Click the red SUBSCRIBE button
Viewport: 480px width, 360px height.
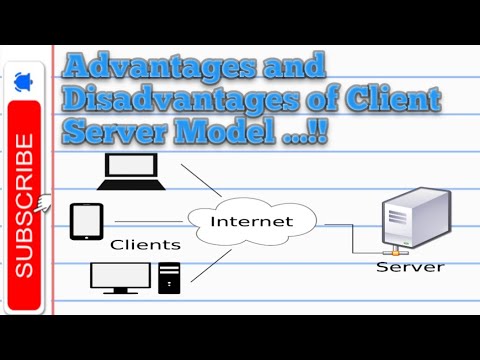pos(24,205)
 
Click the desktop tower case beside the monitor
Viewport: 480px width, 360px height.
pos(169,277)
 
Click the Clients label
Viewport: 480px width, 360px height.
pos(145,244)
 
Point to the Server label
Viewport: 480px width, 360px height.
pos(409,267)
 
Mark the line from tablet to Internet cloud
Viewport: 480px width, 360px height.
pos(150,221)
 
